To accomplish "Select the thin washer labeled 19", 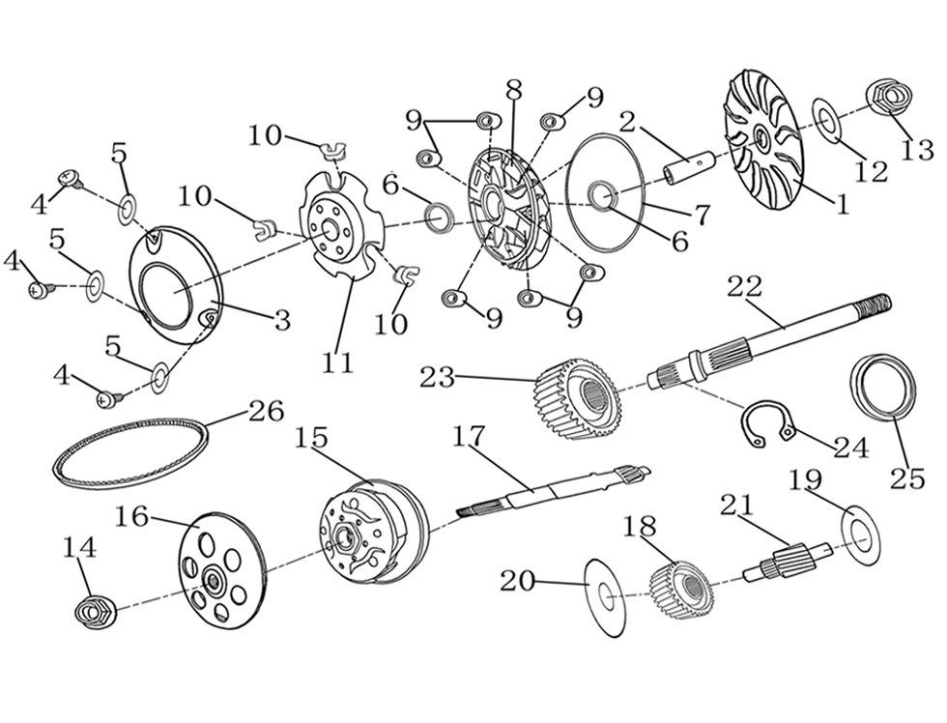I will click(859, 533).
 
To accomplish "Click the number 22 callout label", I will click(744, 287).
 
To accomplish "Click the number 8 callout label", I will click(513, 88).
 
